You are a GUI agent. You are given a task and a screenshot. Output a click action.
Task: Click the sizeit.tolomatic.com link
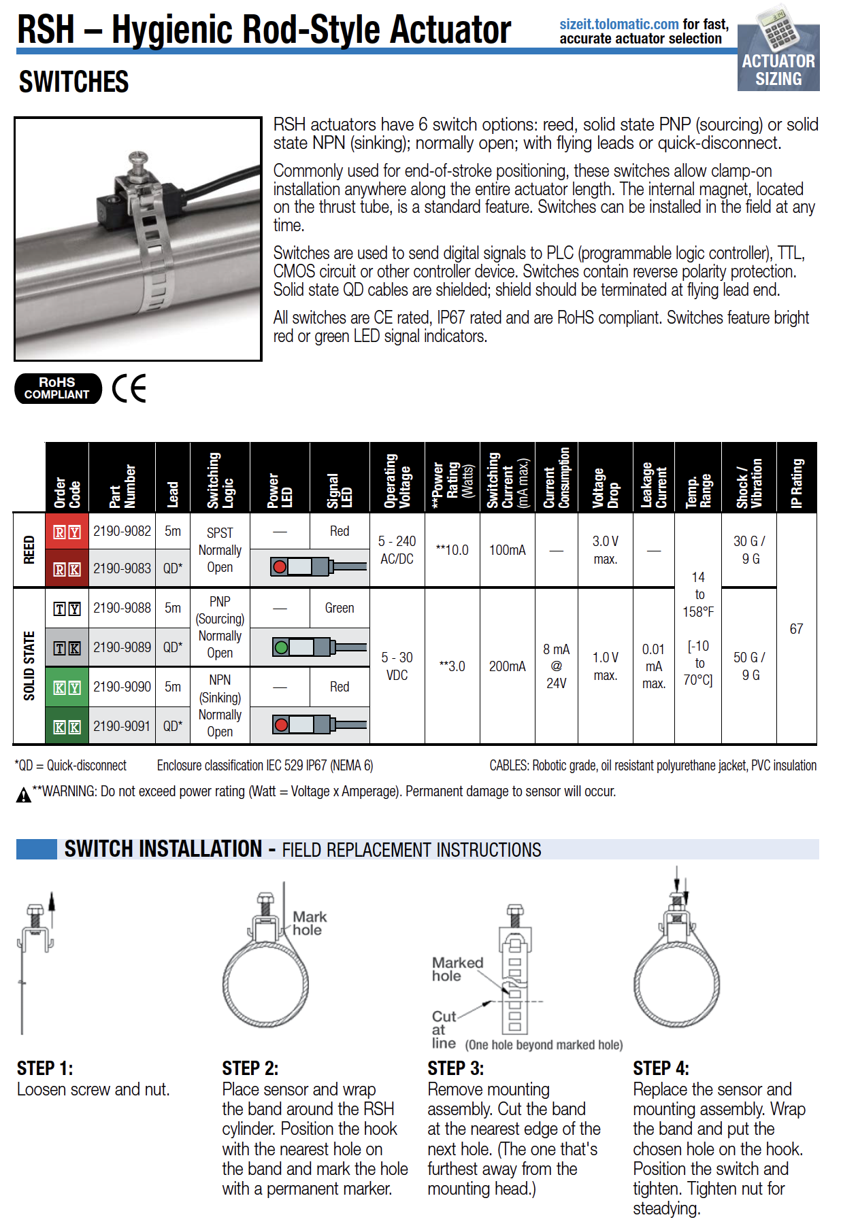619,24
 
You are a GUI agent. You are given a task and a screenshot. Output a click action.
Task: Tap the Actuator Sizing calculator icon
778,58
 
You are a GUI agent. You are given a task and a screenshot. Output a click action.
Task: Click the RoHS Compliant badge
58,388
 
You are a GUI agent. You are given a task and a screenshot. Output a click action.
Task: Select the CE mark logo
129,388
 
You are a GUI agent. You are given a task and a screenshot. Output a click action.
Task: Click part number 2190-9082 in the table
122,531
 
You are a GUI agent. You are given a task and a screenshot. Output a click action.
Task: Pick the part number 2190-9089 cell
122,647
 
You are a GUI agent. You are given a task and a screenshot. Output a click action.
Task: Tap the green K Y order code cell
67,687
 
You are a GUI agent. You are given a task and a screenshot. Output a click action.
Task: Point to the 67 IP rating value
796,629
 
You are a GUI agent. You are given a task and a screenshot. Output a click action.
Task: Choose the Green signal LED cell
339,608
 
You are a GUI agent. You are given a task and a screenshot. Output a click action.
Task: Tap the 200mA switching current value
507,666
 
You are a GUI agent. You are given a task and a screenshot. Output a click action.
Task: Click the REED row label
29,549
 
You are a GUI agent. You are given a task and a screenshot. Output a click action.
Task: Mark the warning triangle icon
23,794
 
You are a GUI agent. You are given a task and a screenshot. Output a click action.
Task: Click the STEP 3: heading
455,1068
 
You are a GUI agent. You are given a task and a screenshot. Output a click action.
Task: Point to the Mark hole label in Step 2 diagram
309,923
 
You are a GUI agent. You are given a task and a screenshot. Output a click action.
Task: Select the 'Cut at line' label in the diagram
444,1029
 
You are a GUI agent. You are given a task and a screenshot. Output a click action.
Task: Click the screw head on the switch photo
139,159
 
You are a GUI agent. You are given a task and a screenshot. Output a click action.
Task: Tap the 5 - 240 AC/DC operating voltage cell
397,549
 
